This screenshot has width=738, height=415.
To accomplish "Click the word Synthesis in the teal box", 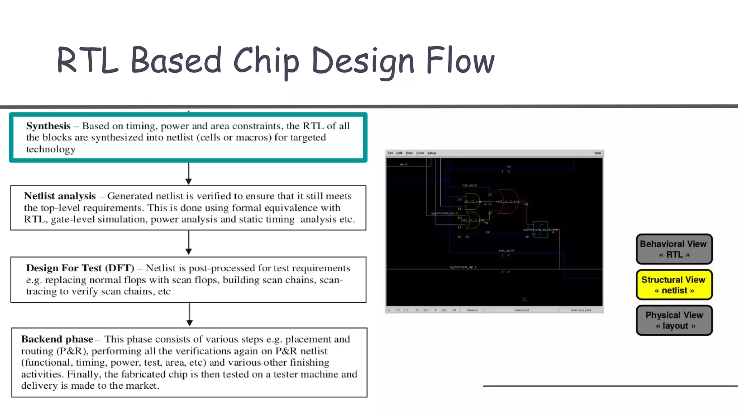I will (48, 126).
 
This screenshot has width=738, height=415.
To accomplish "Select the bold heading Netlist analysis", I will (60, 196).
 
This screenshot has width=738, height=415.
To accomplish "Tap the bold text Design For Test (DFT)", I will (80, 268).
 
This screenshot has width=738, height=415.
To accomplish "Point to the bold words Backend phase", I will (57, 339).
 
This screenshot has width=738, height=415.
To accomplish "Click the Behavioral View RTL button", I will (674, 249).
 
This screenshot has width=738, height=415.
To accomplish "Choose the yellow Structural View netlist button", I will (674, 285).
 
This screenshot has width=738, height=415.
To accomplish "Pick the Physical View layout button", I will (674, 320).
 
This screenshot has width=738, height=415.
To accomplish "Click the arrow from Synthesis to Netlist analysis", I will (188, 174).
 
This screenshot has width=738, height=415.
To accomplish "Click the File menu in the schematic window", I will (390, 153).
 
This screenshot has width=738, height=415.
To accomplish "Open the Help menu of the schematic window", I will (597, 153).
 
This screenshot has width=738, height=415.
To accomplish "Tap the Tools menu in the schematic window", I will (420, 153).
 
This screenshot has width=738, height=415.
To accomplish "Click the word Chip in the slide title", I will (266, 61).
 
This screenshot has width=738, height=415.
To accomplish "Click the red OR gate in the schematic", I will (507, 201).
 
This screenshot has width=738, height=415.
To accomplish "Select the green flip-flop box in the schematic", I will (541, 229).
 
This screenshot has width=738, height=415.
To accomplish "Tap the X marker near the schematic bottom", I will (524, 299).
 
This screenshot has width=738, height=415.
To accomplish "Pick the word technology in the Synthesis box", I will (51, 149).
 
